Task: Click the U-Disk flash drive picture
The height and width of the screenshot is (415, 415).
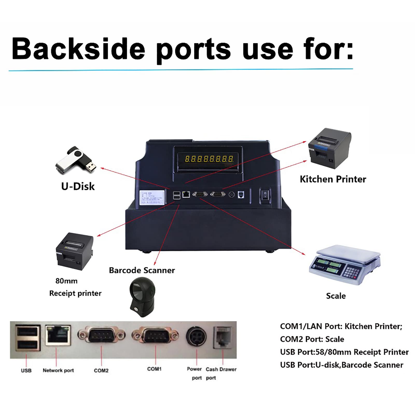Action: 75,160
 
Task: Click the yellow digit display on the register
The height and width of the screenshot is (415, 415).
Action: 209,159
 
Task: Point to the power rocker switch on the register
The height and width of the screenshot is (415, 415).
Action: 265,194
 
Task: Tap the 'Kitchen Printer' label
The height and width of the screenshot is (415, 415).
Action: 333,179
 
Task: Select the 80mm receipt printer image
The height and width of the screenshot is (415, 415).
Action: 75,251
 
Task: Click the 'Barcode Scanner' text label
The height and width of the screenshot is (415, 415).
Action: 142,270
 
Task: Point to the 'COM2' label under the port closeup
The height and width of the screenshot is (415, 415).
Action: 101,370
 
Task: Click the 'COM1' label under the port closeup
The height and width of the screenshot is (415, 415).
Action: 154,369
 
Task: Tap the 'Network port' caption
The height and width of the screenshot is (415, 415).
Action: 58,370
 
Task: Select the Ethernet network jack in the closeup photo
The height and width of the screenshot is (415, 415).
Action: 58,335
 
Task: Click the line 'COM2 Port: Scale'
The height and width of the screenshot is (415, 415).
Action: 312,339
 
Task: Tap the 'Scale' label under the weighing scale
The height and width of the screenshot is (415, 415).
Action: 336,296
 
